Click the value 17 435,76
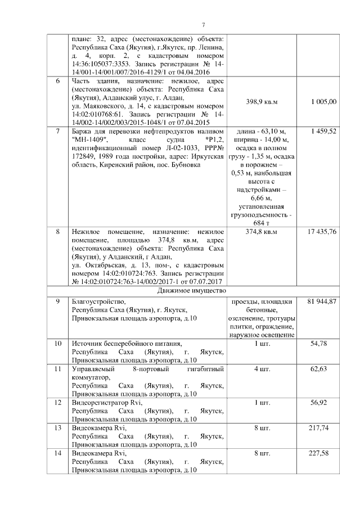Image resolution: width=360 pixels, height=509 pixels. click(x=322, y=232)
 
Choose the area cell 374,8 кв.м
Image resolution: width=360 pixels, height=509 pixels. click(x=262, y=232)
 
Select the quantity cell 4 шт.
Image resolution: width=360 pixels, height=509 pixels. click(x=262, y=369)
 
